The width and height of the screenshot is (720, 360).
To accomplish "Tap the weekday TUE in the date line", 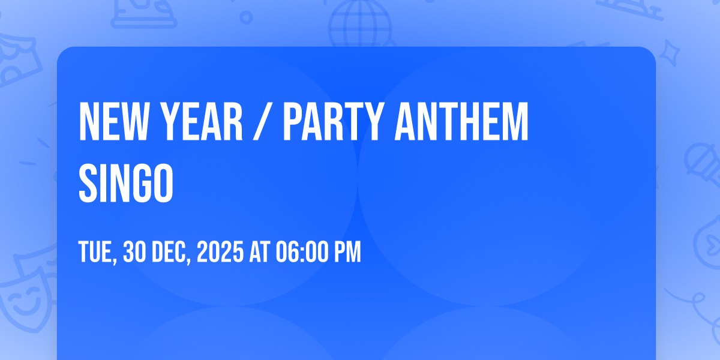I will coord(97,253).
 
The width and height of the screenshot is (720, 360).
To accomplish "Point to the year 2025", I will coord(220,253).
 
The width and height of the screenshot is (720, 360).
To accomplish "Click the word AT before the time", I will coord(259,253).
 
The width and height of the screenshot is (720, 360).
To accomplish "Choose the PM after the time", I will coord(348,253).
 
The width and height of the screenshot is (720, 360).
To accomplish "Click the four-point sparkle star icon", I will coord(671,51).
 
